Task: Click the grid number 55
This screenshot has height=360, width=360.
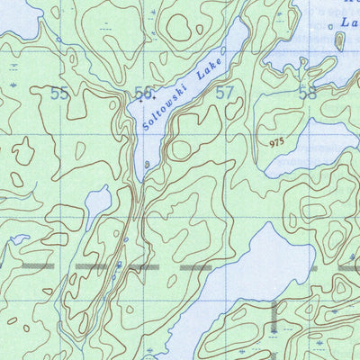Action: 60,93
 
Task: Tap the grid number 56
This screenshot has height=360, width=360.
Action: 143,93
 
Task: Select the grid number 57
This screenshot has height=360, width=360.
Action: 225,92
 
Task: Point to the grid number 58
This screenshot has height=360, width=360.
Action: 308,92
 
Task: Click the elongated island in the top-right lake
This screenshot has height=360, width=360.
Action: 340,40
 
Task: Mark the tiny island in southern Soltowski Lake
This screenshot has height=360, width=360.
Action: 148,165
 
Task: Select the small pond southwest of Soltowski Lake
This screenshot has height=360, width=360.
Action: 97,204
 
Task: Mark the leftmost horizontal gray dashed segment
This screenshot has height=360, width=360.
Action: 31,267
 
